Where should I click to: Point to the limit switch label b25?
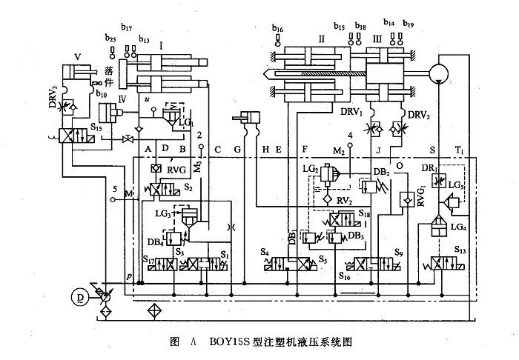point(110,38)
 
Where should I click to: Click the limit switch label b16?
point(277,29)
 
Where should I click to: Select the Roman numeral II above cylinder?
point(322,37)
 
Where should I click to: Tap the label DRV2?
point(419,115)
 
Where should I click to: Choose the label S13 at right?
point(460,250)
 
